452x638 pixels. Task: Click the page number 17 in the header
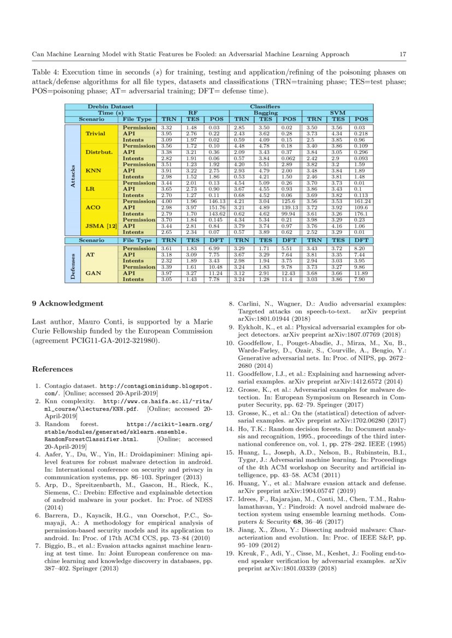(402, 54)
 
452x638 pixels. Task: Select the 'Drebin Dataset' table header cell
(110, 106)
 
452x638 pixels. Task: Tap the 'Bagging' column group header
(265, 112)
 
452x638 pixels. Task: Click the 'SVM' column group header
(339, 112)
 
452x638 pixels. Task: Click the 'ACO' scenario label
(93, 207)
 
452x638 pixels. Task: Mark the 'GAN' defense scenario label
(93, 273)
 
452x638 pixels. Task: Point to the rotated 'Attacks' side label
(73, 179)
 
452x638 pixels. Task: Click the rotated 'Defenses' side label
(73, 264)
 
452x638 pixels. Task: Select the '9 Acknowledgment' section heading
(67, 303)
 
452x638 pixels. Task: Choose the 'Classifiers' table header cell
(265, 106)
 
